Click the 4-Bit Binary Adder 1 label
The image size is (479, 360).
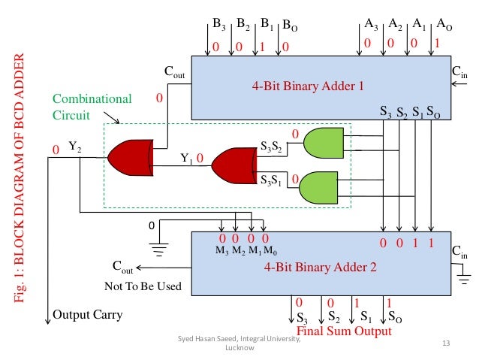pos(308,86)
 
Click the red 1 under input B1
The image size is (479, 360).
pos(265,46)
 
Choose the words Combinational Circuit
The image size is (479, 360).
pos(80,107)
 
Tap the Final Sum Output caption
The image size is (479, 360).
pos(345,331)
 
